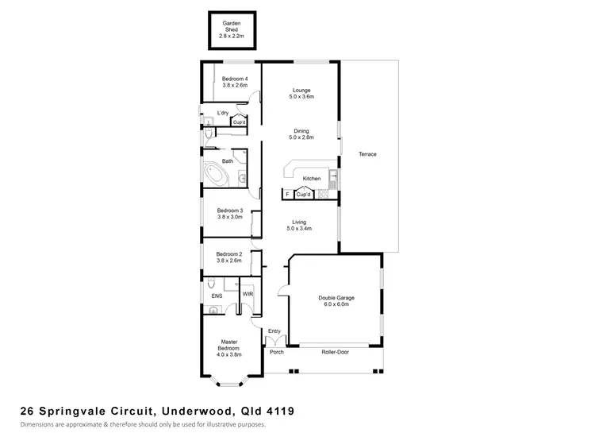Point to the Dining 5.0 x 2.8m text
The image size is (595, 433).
(301, 134)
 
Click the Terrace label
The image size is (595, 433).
(367, 154)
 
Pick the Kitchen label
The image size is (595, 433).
(312, 179)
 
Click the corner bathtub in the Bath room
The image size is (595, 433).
(215, 172)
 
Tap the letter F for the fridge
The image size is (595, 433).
(287, 194)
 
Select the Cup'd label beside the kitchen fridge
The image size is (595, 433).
(303, 195)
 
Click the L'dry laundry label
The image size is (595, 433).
(223, 114)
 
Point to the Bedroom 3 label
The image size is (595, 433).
(230, 214)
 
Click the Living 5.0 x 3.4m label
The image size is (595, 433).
(300, 225)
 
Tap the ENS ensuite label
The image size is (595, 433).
(216, 296)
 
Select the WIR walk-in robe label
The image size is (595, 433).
(248, 294)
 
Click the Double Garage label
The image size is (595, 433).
(336, 301)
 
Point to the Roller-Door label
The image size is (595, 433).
(336, 351)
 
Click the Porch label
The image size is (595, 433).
(277, 351)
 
